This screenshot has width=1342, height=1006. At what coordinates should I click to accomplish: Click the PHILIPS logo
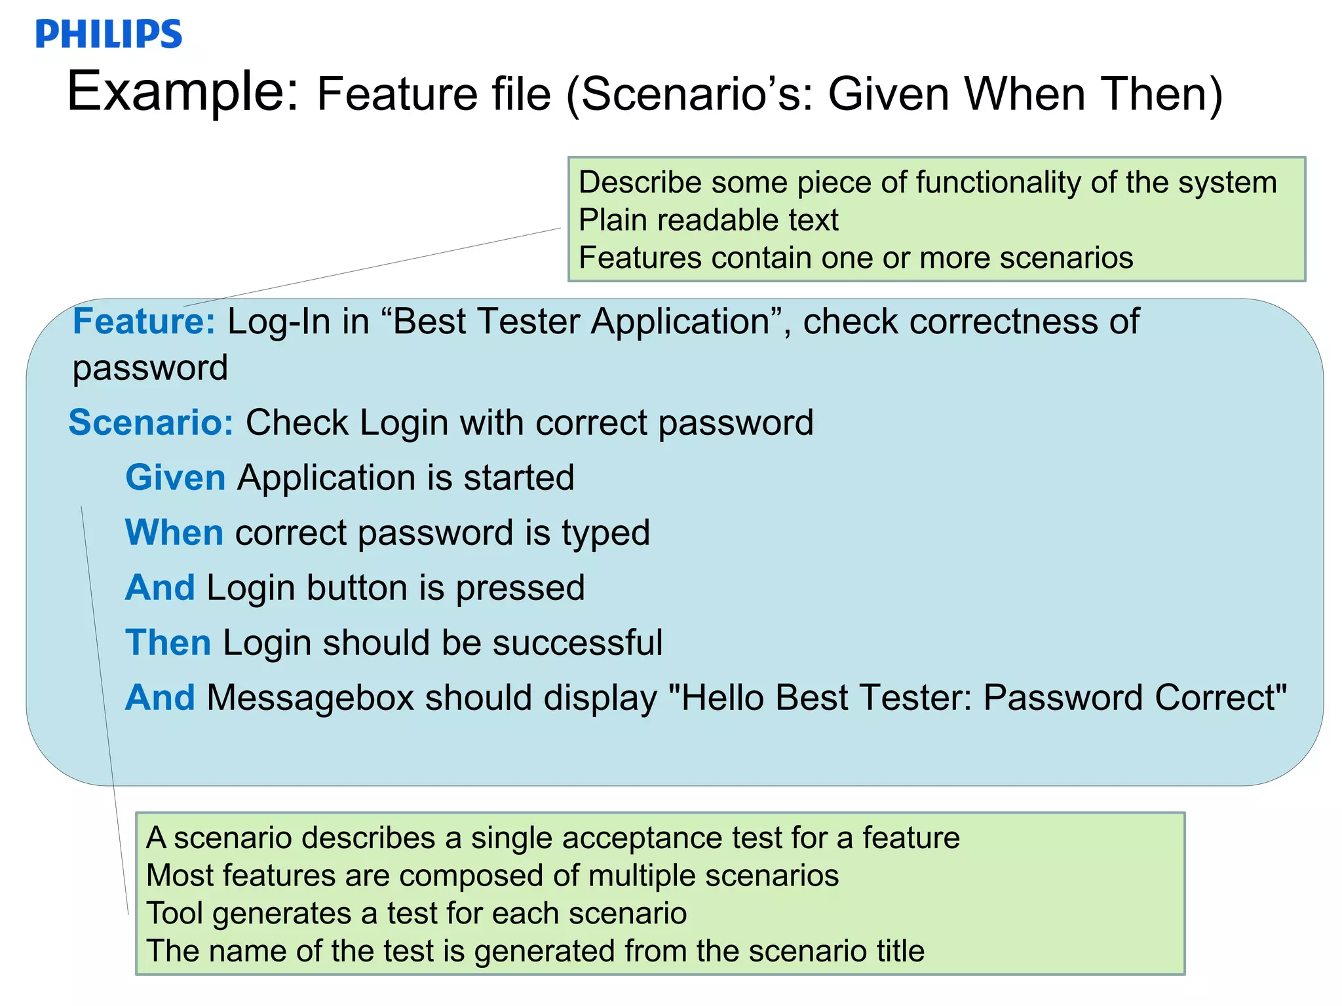[109, 34]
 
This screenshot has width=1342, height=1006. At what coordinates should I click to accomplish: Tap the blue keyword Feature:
[144, 322]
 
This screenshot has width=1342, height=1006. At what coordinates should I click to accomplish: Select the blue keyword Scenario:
[151, 422]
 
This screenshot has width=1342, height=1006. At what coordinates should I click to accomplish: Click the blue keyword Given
[175, 477]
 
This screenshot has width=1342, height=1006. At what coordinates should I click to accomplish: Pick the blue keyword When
[174, 532]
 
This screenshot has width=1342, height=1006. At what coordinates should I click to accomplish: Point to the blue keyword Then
[168, 643]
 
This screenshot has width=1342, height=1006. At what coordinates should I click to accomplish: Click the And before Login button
[160, 587]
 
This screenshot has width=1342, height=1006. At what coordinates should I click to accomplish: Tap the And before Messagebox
[160, 698]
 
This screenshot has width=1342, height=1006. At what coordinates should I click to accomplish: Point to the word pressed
[520, 588]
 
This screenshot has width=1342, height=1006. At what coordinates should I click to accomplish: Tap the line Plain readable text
[708, 220]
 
